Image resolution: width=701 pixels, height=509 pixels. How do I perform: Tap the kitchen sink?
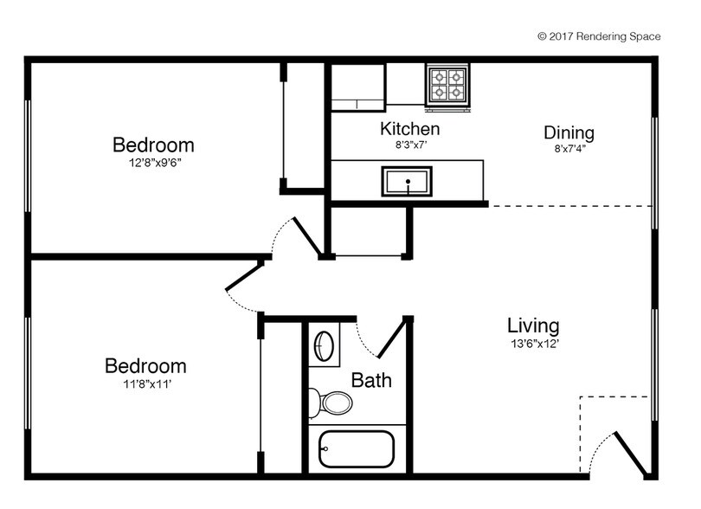point(406,183)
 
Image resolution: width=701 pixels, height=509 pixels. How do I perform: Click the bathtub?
point(356,448)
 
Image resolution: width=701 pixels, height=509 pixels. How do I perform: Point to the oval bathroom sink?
point(324,345)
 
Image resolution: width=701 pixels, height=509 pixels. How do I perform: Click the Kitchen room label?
point(410,129)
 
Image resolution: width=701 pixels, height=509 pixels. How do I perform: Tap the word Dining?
point(569,132)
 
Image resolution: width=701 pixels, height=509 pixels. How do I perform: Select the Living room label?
point(533,325)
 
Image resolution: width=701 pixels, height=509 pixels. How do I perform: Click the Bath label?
point(371,380)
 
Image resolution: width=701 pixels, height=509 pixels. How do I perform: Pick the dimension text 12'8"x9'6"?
point(153,162)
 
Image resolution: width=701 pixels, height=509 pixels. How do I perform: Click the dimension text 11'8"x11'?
point(145,383)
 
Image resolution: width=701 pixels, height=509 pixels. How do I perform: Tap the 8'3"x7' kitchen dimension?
point(410,145)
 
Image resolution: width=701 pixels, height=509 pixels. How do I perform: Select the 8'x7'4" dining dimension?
point(569,149)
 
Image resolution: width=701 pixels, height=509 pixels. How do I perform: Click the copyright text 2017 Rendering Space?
point(599,36)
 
